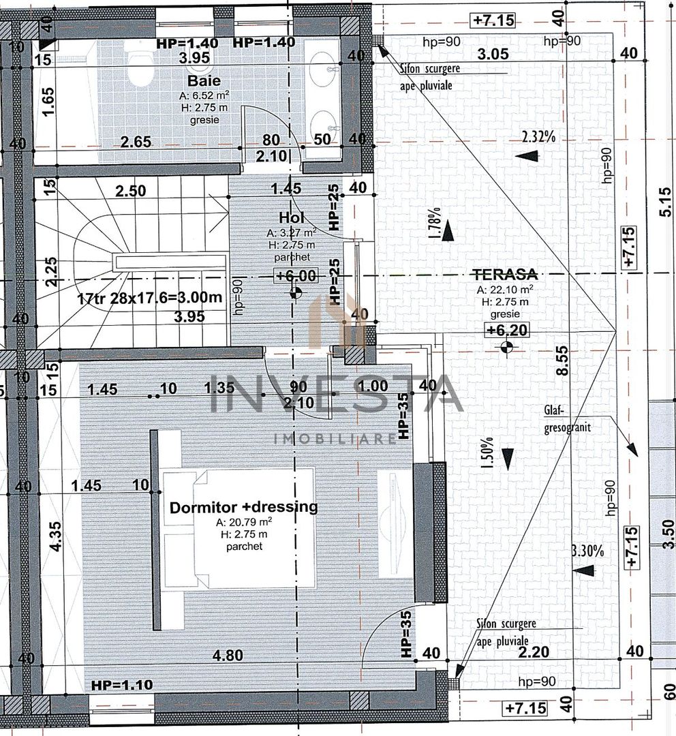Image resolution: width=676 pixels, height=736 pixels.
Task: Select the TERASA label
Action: pos(505,275)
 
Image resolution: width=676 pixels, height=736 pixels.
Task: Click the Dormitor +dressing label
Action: pos(243,507)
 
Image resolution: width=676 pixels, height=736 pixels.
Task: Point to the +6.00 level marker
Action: pos(296,275)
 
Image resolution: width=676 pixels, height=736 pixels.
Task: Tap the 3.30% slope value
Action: pos(587,551)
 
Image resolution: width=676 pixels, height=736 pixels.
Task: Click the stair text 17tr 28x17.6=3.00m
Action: pos(149,298)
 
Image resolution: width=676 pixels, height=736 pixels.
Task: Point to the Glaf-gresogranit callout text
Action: pos(568,419)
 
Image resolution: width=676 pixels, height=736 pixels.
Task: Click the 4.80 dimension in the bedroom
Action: pos(227,655)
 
